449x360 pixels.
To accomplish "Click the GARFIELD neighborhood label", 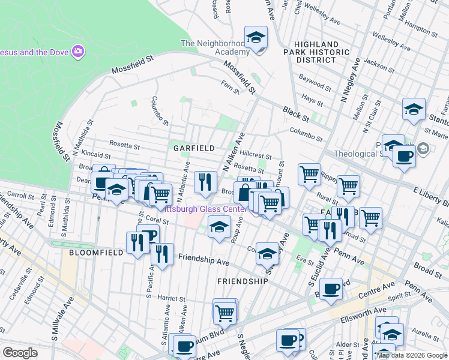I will tap(194, 148).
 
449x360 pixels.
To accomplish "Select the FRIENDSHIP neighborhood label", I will tap(242, 281).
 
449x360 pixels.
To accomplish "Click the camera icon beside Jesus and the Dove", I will tap(77, 52).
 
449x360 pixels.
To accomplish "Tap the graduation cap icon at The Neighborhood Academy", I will tap(256, 38).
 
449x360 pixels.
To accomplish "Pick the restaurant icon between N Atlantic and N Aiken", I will tap(205, 181).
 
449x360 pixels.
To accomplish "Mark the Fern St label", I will tap(230, 88).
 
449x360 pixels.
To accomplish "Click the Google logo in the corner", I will tap(20, 353).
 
